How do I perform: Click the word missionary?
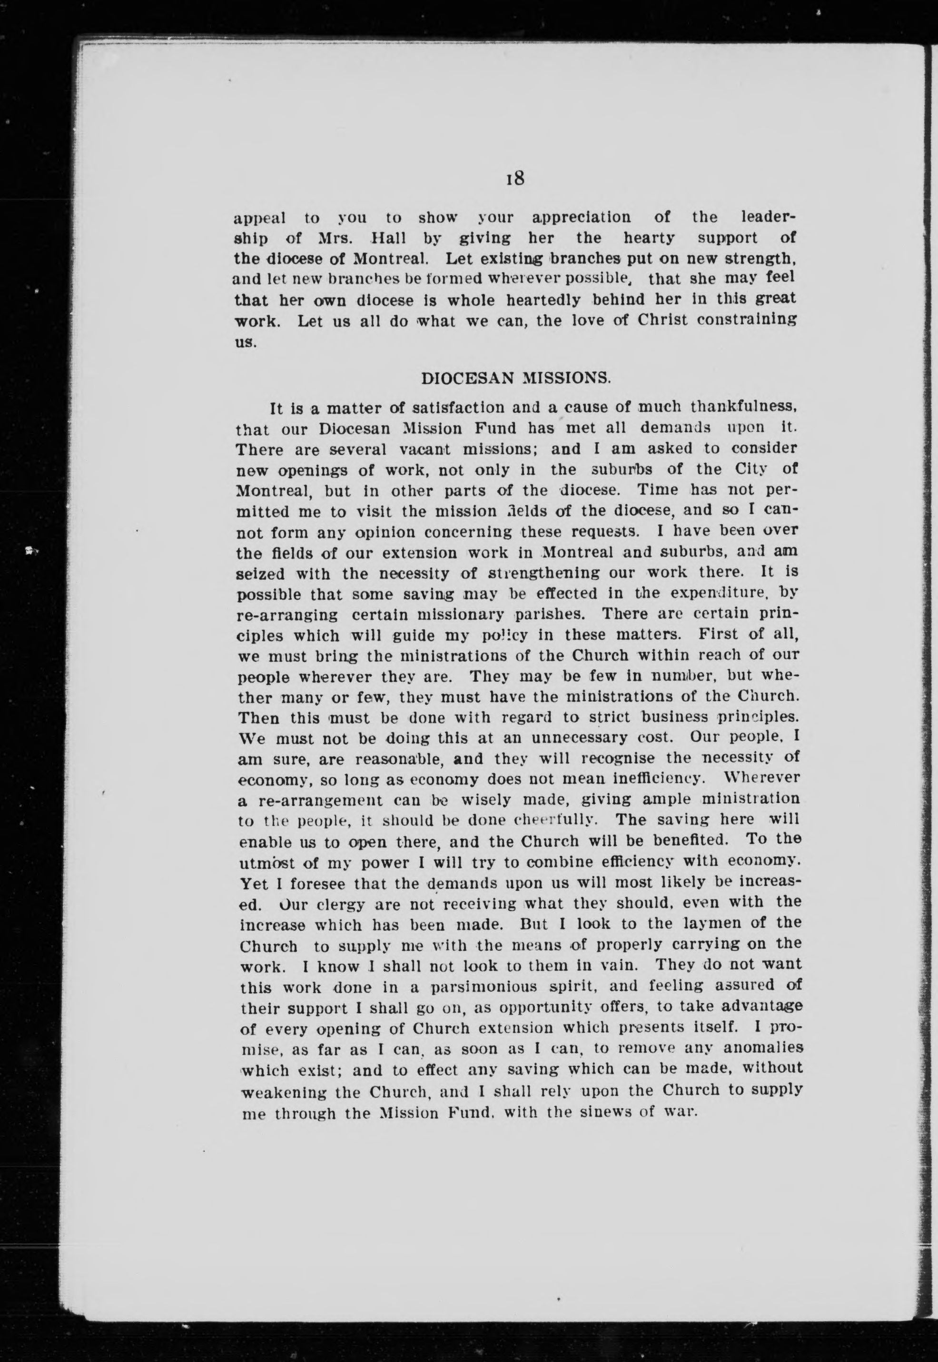[443, 615]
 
